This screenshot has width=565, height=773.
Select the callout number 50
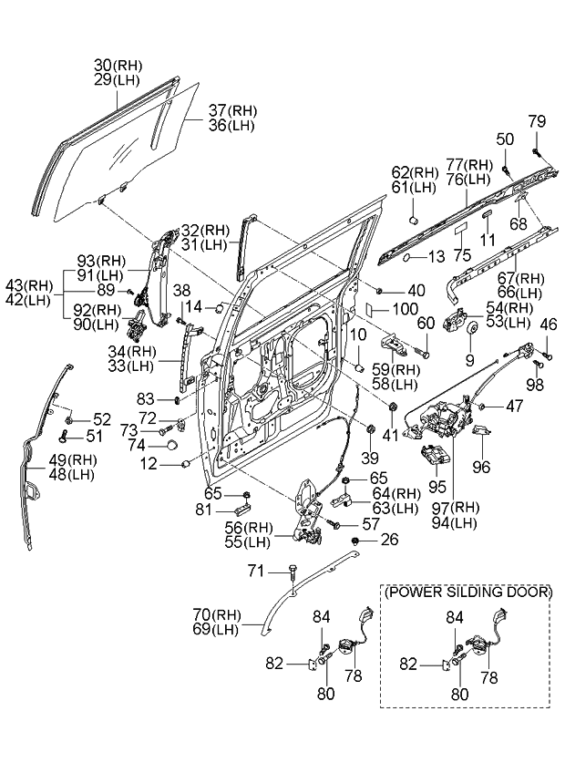pos(505,138)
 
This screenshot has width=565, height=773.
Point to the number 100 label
pos(406,310)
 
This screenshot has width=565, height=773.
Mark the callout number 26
pos(389,541)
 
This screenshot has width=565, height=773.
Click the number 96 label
pos(481,466)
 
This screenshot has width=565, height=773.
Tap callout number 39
pos(369,456)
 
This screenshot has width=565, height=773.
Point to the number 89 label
pos(107,290)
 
